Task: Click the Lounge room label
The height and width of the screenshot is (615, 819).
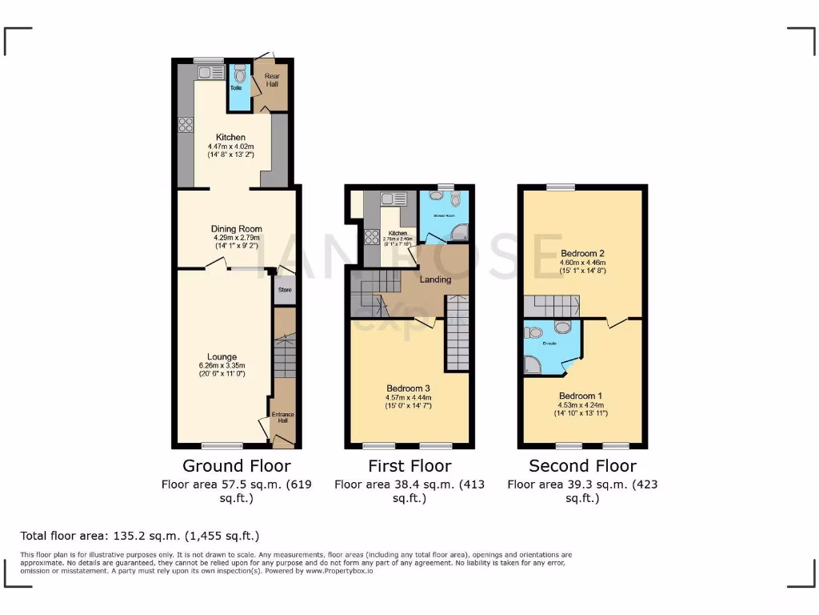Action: (222, 357)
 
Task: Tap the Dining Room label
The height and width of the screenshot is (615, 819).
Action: (238, 229)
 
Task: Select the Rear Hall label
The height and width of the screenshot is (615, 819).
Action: (272, 79)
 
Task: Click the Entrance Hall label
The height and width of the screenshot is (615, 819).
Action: (283, 417)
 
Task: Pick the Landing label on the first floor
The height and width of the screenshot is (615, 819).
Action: (436, 279)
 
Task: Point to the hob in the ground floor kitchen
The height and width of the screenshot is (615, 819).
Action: (186, 124)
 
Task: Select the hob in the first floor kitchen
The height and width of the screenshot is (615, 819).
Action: (372, 236)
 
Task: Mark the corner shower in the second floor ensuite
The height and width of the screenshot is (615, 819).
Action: (532, 366)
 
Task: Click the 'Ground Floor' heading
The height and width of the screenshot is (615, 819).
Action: (237, 466)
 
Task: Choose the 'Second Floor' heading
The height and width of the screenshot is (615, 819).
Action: (582, 466)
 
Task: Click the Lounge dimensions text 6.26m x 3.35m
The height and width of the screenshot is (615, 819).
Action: (222, 366)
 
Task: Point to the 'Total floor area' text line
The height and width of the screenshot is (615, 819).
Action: (140, 536)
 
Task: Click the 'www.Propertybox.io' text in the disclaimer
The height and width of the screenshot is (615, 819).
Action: (339, 571)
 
